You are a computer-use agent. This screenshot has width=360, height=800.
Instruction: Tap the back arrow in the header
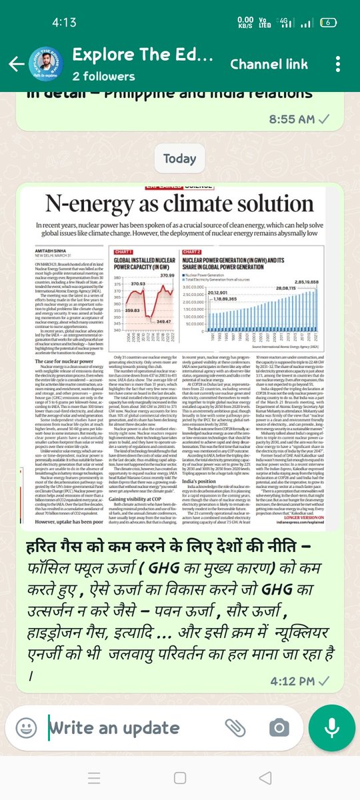pos(13,64)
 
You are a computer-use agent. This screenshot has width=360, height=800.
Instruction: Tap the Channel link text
pos(269,65)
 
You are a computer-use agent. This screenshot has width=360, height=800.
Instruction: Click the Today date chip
pos(179,159)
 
